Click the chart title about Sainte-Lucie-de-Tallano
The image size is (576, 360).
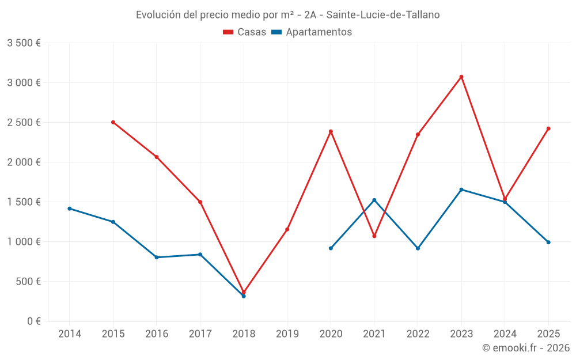pyautogui.click(x=287, y=15)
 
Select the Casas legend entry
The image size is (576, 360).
pyautogui.click(x=245, y=32)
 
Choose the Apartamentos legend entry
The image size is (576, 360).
pyautogui.click(x=312, y=32)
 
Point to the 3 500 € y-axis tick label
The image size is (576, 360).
pyautogui.click(x=24, y=43)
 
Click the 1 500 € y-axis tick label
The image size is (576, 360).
pyautogui.click(x=24, y=202)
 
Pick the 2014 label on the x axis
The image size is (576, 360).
pyautogui.click(x=70, y=334)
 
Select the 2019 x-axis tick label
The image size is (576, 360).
pyautogui.click(x=287, y=334)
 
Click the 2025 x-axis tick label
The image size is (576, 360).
pyautogui.click(x=548, y=334)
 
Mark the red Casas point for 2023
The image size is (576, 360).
pyautogui.click(x=461, y=77)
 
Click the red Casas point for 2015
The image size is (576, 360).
pyautogui.click(x=113, y=122)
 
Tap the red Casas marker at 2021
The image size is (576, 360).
pyautogui.click(x=374, y=236)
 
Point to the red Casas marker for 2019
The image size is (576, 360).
pyautogui.click(x=287, y=229)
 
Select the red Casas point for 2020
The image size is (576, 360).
pyautogui.click(x=331, y=131)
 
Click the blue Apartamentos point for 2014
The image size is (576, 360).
pyautogui.click(x=70, y=209)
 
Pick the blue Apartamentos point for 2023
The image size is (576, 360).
pyautogui.click(x=461, y=190)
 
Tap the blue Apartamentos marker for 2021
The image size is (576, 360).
pyautogui.click(x=374, y=200)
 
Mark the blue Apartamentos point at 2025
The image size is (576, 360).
pyautogui.click(x=548, y=242)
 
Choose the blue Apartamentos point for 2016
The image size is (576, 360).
pyautogui.click(x=157, y=257)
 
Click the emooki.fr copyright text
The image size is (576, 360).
pyautogui.click(x=525, y=348)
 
